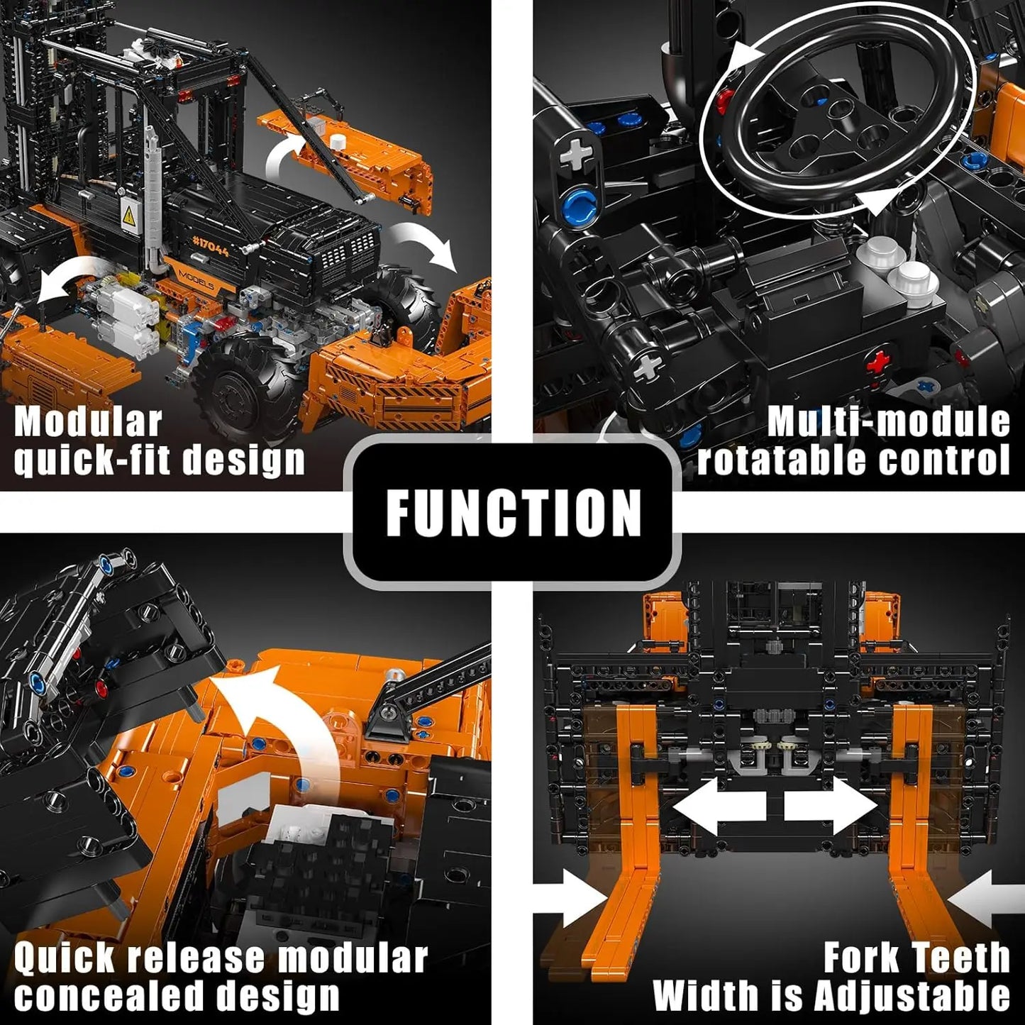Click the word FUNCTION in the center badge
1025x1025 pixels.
tap(513, 512)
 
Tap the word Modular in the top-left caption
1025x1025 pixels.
tap(88, 422)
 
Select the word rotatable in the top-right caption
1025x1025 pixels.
tap(781, 460)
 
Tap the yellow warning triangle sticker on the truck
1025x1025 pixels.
tap(128, 216)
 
